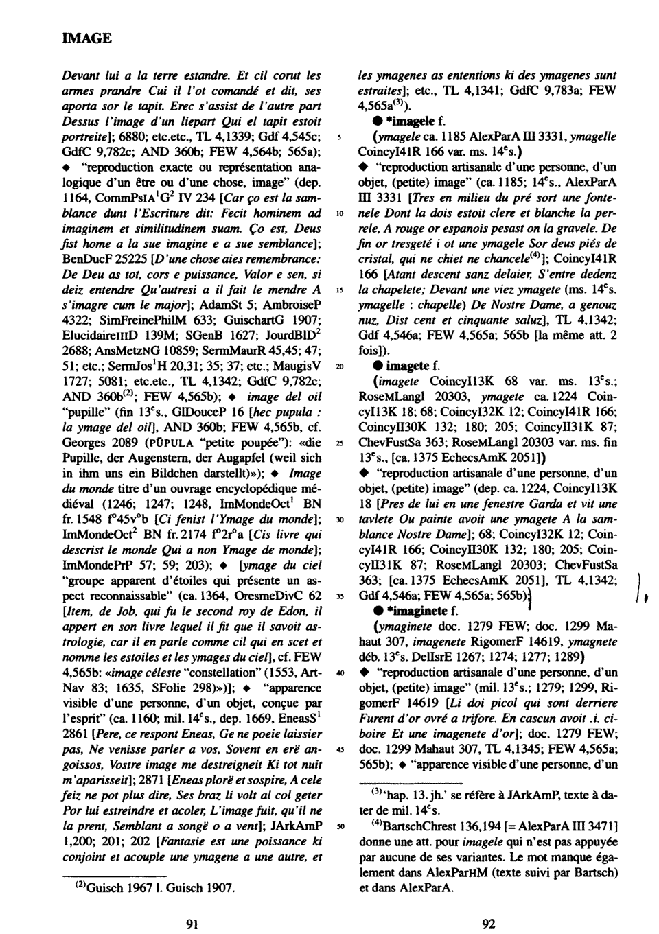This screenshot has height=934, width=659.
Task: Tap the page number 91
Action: [x=193, y=923]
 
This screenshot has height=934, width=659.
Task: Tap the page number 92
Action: [x=489, y=923]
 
